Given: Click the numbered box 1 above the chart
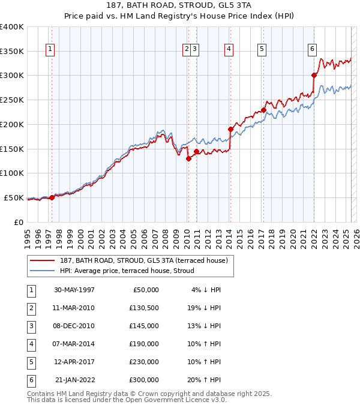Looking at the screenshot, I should [x=50, y=50].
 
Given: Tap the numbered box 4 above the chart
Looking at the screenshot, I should [x=229, y=50].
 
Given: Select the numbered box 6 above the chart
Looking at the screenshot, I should [x=313, y=50].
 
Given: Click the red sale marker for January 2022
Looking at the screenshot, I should [x=314, y=75].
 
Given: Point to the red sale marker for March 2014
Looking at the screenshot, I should [x=230, y=129].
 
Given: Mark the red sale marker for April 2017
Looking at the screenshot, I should [x=263, y=110].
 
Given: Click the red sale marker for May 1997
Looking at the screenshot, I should [x=52, y=197].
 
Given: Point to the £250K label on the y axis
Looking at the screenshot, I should [x=12, y=100].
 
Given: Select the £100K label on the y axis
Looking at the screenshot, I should [x=12, y=173].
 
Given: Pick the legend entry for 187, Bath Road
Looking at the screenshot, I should [x=143, y=260].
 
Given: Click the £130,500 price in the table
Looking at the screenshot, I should [x=144, y=308].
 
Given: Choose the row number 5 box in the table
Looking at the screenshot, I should [x=31, y=362].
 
